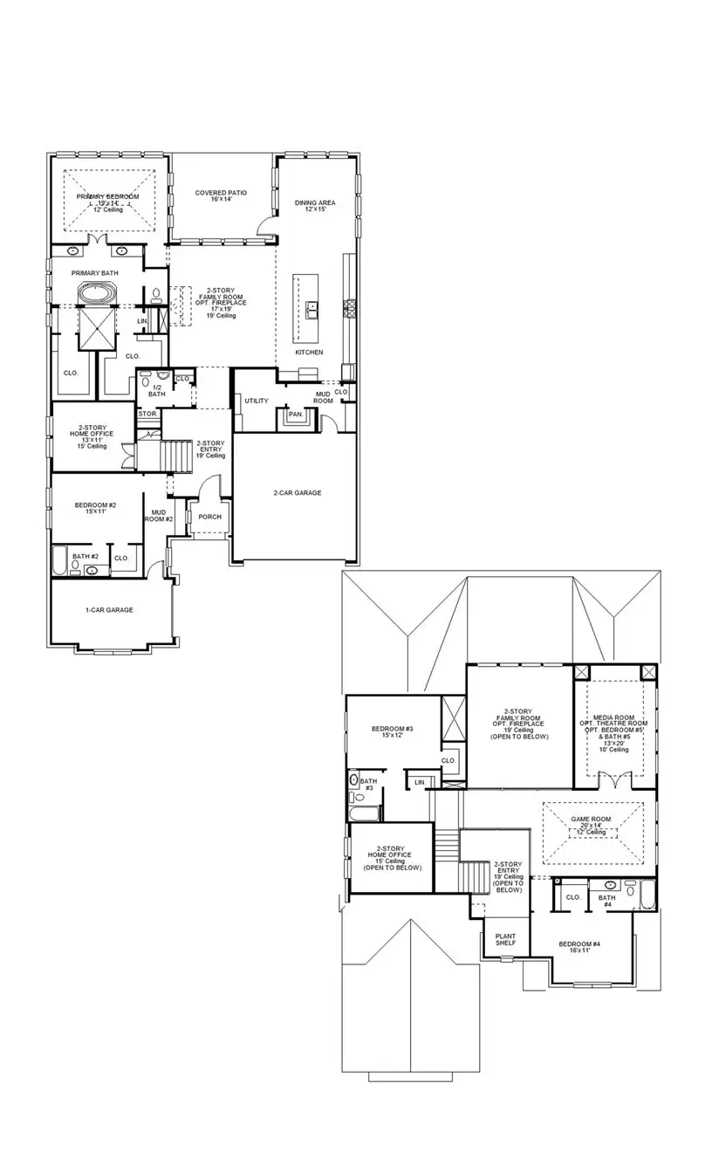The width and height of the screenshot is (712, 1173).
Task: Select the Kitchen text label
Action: [x=309, y=353]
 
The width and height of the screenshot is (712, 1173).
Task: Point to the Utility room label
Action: [x=257, y=401]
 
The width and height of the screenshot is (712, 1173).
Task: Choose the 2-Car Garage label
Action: [x=297, y=493]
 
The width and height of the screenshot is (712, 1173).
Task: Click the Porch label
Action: [x=210, y=517]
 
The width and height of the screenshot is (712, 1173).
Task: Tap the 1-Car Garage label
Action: [x=109, y=610]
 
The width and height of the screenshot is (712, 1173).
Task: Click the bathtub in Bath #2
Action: [x=60, y=560]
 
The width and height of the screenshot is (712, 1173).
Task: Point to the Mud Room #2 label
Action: [x=159, y=516]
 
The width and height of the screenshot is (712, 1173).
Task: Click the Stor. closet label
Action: [x=147, y=414]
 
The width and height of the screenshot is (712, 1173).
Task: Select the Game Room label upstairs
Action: [x=591, y=823]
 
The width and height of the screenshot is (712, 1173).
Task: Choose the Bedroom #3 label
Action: [x=392, y=731]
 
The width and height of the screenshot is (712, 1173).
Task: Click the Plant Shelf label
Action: [x=505, y=939]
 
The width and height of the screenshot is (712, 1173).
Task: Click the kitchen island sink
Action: [x=311, y=307]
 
